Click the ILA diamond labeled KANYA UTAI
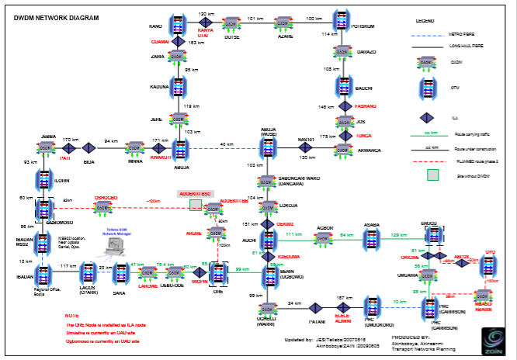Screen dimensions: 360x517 pos(205,24)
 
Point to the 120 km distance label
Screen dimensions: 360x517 pos(206,14)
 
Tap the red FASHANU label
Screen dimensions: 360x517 pos(366,106)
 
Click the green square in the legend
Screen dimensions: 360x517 pos(433,174)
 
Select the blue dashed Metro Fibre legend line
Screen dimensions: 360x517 pos(437,35)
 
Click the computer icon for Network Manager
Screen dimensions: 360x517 pos(116,247)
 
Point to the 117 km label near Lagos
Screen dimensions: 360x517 pos(67,266)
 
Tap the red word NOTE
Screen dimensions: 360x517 pos(71,316)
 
